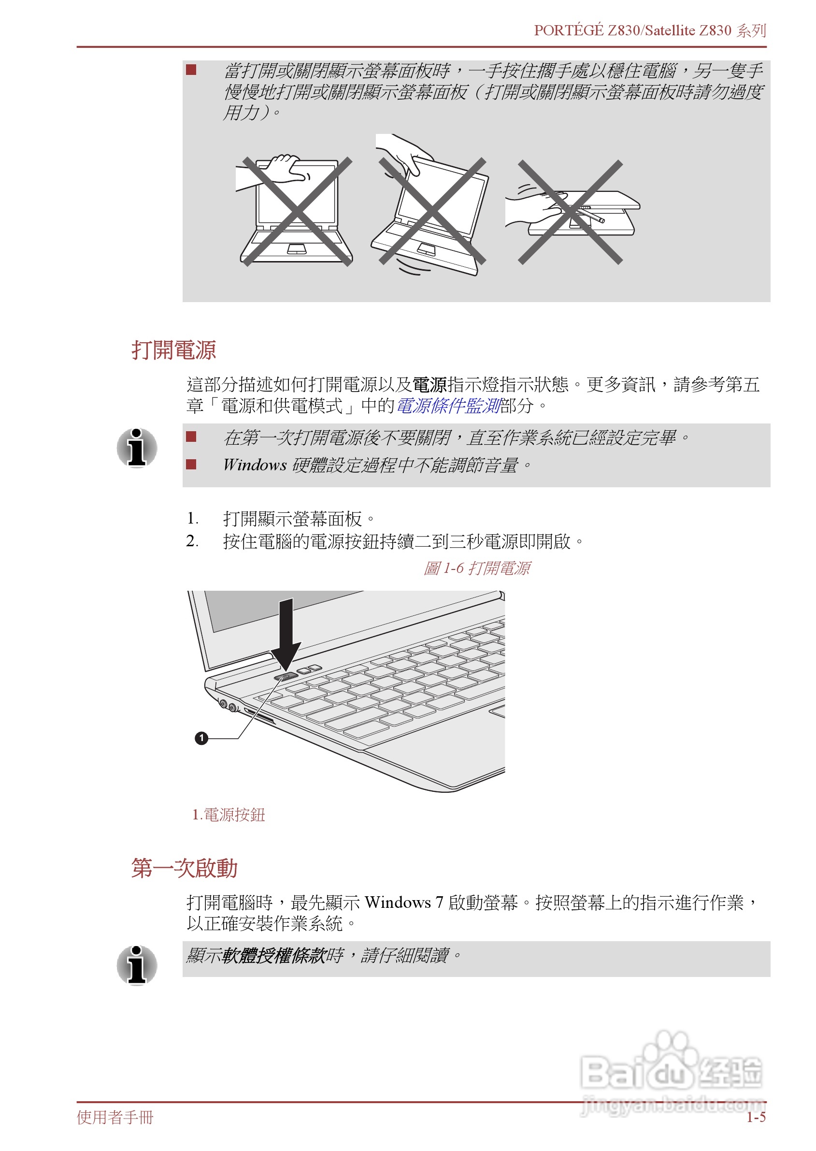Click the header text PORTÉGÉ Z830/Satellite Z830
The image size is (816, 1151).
coord(632,30)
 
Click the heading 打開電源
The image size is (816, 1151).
coord(173,350)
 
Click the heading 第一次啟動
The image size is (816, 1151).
coord(184,868)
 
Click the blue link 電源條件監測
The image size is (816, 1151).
coord(448,406)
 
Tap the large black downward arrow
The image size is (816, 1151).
coord(286,633)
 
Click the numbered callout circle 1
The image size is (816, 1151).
coord(201,738)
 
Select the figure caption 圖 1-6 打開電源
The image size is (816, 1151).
coord(476,568)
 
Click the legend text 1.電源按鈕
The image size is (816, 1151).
coord(229,814)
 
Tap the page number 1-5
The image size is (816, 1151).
coord(755,1117)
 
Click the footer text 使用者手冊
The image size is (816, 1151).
coord(115,1117)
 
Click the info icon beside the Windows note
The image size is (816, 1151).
coord(137,447)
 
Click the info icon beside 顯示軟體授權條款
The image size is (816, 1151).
coord(137,965)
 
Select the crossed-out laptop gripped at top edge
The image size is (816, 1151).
coord(297,211)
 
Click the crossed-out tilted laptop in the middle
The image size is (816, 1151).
coord(431,211)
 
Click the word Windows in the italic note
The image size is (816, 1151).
coord(255,465)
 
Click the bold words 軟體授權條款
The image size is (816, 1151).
coord(273,955)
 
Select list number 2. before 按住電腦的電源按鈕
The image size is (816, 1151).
coord(192,541)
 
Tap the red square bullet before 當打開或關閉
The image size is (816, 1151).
coord(191,69)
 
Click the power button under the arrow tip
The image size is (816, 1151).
coord(286,676)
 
